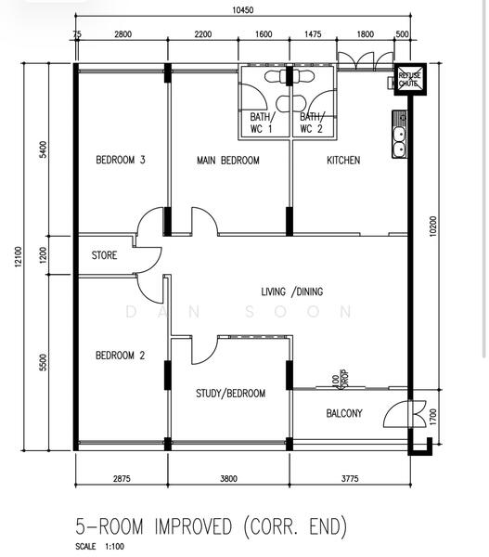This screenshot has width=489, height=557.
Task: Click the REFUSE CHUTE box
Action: coord(410,80)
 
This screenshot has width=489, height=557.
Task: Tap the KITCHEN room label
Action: coord(343,161)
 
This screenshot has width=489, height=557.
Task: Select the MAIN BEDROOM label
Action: coord(228,161)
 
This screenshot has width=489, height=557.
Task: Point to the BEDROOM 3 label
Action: coord(121,160)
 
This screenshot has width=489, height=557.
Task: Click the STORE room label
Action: coord(104,255)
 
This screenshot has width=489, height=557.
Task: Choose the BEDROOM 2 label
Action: coord(120,356)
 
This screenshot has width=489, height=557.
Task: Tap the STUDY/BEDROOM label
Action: coord(230,394)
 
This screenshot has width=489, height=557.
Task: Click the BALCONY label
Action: coord(344,413)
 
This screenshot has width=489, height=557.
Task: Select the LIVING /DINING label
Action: coord(292,291)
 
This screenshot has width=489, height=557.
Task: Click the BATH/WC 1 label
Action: coord(262,123)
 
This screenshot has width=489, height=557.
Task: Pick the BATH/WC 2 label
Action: coord(312,123)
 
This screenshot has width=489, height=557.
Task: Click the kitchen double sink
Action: coord(400,135)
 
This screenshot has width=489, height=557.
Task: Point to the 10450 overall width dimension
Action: coord(243,10)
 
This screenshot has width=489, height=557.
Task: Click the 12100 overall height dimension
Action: coord(19,256)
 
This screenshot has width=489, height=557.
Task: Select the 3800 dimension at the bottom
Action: coord(228,478)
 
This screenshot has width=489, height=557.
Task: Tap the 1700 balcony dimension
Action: coord(433,417)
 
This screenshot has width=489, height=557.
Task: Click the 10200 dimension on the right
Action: coord(432,226)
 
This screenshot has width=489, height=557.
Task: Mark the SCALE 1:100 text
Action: coord(99,546)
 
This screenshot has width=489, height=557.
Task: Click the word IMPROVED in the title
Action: coord(194,526)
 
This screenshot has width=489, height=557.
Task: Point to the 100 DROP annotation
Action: coord(340,380)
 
